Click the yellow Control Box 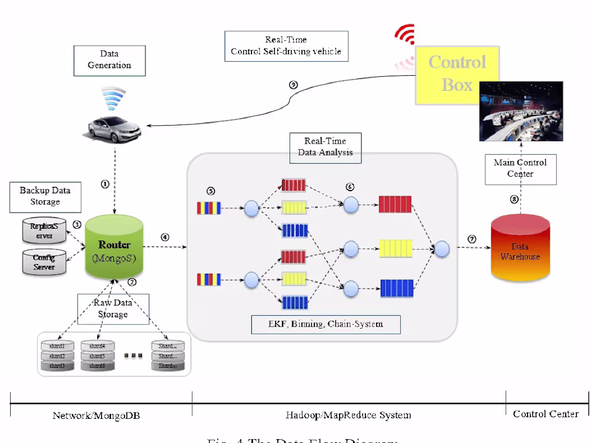[457, 74]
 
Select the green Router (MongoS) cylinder [114, 250]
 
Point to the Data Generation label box [110, 60]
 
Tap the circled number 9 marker [293, 85]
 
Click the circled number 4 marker [165, 237]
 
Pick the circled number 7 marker [472, 239]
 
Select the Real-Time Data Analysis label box [325, 147]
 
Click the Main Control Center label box [520, 168]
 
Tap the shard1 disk [57, 346]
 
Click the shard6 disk [97, 365]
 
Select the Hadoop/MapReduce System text [348, 415]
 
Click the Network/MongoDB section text [96, 415]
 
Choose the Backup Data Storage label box [45, 196]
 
